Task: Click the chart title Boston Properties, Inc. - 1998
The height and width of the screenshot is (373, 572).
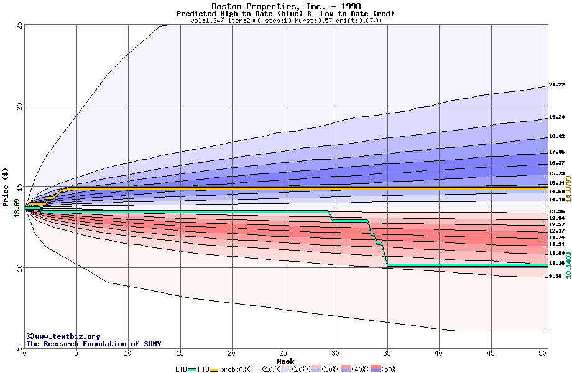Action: [x=285, y=6]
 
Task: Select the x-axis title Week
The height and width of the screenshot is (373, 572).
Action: [x=285, y=361]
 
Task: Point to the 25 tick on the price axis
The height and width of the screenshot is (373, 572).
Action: [x=19, y=25]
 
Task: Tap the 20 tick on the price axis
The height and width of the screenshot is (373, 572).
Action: [x=19, y=106]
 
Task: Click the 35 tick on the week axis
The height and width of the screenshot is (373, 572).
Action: [x=387, y=353]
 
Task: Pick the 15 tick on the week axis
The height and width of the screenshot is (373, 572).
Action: [x=180, y=353]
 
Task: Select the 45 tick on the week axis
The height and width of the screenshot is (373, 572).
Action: [x=490, y=353]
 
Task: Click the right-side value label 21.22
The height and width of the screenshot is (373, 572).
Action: [x=556, y=85]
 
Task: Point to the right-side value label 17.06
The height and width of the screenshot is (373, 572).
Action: [x=556, y=152]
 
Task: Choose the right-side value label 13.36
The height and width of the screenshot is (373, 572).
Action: [x=556, y=212]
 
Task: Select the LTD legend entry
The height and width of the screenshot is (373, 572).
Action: [x=182, y=369]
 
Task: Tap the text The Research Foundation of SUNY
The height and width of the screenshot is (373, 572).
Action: [x=93, y=344]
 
